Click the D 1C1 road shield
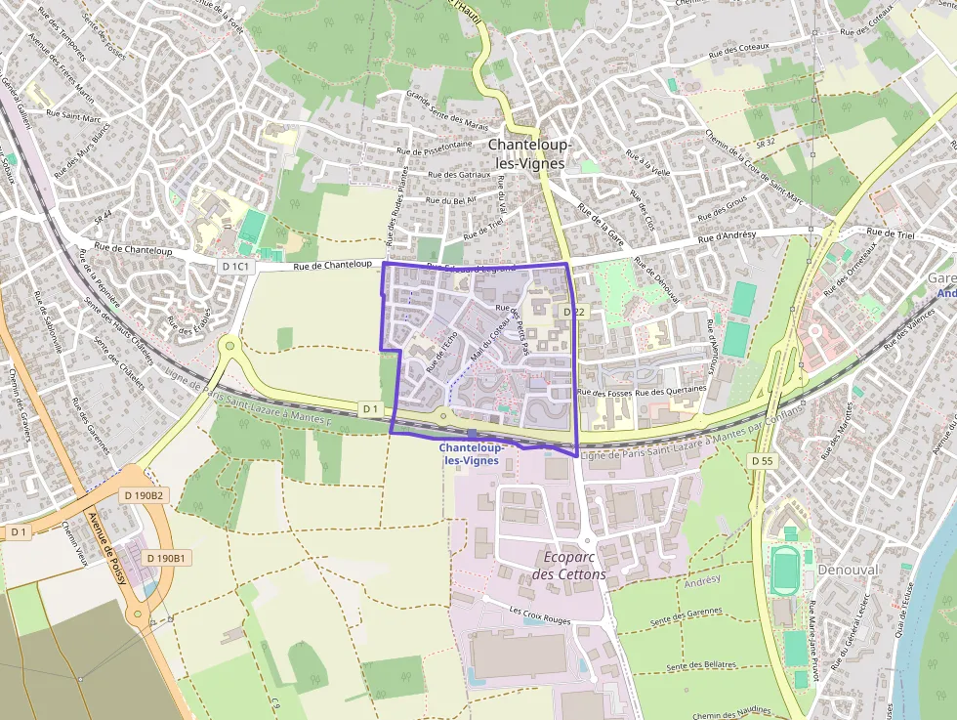[x=236, y=266]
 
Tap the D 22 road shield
[x=573, y=311]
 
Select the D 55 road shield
[x=762, y=459]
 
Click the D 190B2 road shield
[x=144, y=495]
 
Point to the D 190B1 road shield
[x=164, y=558]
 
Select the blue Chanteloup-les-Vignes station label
[x=471, y=453]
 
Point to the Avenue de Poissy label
[x=95, y=537]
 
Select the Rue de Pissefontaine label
[x=436, y=148]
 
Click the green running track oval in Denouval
[x=783, y=571]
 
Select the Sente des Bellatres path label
[x=700, y=666]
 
